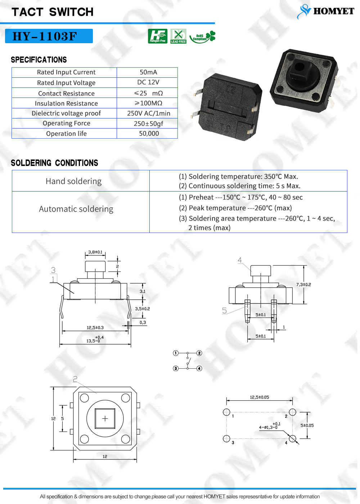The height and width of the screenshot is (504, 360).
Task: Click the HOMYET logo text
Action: coord(333,11)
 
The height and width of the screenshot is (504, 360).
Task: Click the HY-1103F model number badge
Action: coord(49,36)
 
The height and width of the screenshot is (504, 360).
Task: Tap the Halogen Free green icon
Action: coord(158,36)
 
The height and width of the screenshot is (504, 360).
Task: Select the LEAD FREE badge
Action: coord(178,36)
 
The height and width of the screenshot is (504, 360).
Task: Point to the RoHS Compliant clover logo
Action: coord(202,37)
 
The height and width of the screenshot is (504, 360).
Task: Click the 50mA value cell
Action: coord(148,72)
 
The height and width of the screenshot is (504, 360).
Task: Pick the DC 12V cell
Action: coord(148,82)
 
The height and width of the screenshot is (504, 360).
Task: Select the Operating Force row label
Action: coord(66,123)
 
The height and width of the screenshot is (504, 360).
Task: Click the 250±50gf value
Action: coord(148,123)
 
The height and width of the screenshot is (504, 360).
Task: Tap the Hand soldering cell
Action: coord(73,181)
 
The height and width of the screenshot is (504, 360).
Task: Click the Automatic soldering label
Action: coord(76,209)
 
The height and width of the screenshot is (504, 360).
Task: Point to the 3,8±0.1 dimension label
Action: coord(95,252)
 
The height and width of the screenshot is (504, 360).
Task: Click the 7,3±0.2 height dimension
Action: coord(303,285)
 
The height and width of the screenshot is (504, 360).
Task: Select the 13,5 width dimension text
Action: coord(95,339)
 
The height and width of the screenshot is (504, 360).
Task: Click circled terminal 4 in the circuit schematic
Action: coord(199,368)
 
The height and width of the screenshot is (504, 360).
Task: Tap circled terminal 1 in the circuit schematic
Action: coord(176,353)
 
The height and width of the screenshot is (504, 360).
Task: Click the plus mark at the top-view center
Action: coord(105,418)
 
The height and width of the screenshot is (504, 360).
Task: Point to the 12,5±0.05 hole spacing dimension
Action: coord(260,397)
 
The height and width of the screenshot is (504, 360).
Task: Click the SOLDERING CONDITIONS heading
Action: coord(54,163)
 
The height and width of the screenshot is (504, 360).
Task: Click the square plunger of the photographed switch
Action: coord(298,67)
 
